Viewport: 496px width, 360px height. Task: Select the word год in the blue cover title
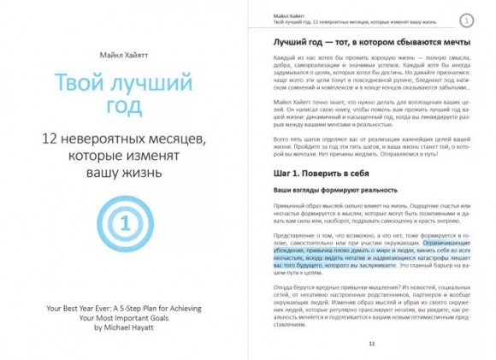124,109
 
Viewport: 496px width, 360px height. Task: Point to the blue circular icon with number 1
124,224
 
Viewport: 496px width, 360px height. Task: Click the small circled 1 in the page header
466,20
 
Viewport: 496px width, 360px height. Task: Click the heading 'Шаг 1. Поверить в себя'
315,173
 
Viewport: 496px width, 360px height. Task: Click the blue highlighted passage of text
368,254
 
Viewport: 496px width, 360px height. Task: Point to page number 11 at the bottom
371,343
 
